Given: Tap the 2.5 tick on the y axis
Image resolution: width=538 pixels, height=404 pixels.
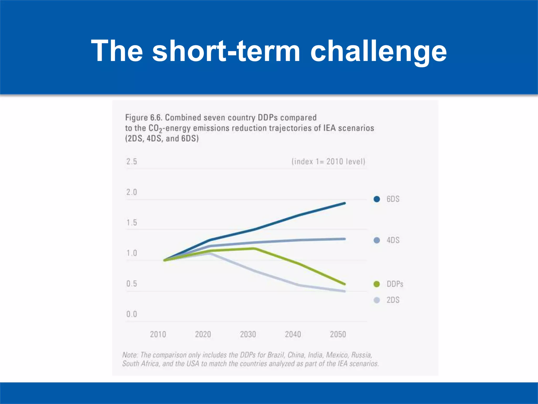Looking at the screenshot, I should tap(132, 161).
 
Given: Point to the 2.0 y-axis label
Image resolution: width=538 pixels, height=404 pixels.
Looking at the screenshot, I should tap(132, 192).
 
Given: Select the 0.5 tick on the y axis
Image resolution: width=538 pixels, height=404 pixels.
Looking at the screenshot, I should tap(132, 284).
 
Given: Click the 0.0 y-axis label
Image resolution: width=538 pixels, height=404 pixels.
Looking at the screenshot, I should tap(132, 314).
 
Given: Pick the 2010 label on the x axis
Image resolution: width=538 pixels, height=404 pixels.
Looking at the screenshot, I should tap(158, 334).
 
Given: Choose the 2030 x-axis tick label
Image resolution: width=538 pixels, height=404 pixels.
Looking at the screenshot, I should tap(248, 334).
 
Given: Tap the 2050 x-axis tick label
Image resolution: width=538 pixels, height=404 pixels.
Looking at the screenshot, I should tap(338, 334).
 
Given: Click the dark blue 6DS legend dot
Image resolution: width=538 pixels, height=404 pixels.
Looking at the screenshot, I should tap(377, 199).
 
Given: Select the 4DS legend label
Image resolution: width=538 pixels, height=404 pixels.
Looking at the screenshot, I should tap(393, 240).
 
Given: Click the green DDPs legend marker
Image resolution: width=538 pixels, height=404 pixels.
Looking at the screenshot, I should tap(377, 284).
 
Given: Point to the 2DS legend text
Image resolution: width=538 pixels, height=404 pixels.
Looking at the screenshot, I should tap(393, 300).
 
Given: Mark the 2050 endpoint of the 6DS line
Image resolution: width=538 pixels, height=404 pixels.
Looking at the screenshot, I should tap(344, 203).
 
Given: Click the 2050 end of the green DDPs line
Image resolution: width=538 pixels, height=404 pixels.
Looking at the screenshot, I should tap(344, 284).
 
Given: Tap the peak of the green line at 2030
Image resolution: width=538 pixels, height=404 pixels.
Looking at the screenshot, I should tap(254, 248).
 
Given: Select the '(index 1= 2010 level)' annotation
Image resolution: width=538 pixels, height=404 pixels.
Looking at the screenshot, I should tap(328, 161).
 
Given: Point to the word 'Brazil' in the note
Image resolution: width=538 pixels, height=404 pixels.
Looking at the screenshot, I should tap(276, 355).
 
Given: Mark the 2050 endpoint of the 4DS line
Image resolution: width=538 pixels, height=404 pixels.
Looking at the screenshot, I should tap(344, 239).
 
